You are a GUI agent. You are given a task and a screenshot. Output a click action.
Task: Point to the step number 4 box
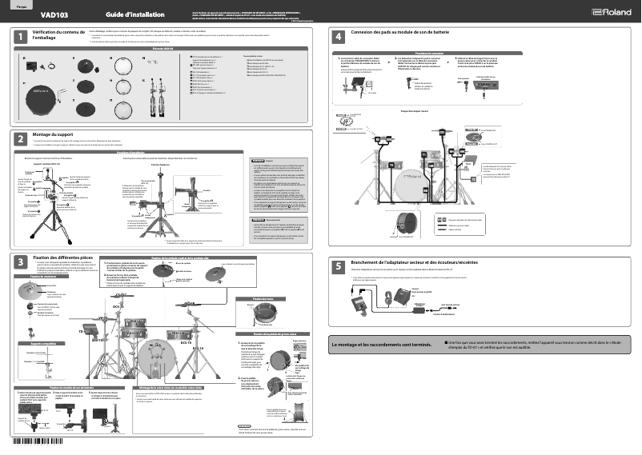tap(339, 36)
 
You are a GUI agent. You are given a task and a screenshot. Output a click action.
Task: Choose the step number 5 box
tap(339, 265)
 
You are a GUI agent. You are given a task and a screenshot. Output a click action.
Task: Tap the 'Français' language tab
tap(17, 5)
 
